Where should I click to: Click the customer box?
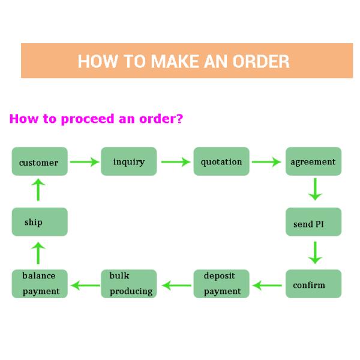40,162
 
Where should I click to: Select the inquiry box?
128,161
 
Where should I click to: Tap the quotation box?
221,161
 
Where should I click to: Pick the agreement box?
313,161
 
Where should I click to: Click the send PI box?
313,223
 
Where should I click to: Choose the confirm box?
313,284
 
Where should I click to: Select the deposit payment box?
221,284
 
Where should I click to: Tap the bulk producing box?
128,284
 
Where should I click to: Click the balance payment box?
40,284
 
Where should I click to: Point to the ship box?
40,222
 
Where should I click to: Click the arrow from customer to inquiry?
84,161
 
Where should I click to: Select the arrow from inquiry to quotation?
175,161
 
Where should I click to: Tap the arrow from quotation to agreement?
266,161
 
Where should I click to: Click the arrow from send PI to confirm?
314,253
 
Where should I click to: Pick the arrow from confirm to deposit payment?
266,285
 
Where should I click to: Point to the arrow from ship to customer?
38,190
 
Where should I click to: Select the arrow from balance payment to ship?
38,253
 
